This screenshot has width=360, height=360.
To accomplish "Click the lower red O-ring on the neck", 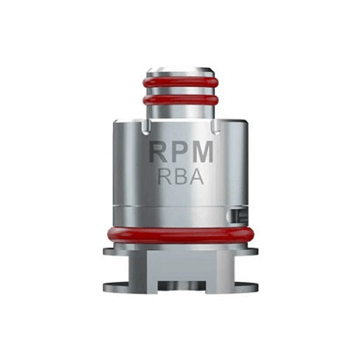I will point(180,102).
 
